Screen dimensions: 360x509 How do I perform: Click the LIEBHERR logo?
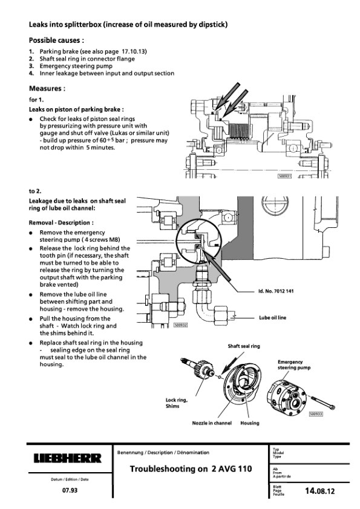(68, 458)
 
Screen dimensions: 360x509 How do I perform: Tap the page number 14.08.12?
(319, 491)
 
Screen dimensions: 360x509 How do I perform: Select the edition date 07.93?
(70, 490)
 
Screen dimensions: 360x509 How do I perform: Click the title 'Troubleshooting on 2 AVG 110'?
(191, 468)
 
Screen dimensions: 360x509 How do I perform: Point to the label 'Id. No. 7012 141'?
(276, 291)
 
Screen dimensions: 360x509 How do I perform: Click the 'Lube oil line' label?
(273, 317)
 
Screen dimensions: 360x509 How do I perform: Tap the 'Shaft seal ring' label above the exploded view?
(244, 346)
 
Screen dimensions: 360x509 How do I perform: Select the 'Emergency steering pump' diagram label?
(294, 365)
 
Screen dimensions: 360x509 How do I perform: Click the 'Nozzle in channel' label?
(212, 423)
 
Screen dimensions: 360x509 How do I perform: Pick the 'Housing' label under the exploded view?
(250, 423)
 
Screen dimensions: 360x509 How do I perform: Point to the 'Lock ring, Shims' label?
(177, 403)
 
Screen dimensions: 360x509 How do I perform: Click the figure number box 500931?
(284, 176)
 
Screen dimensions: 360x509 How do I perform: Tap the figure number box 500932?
(181, 325)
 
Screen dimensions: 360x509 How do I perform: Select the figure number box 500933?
(316, 414)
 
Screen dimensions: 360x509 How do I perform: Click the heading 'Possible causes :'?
(56, 41)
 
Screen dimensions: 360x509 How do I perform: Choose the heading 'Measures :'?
(47, 88)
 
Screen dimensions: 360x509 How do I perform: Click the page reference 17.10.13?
(134, 51)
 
